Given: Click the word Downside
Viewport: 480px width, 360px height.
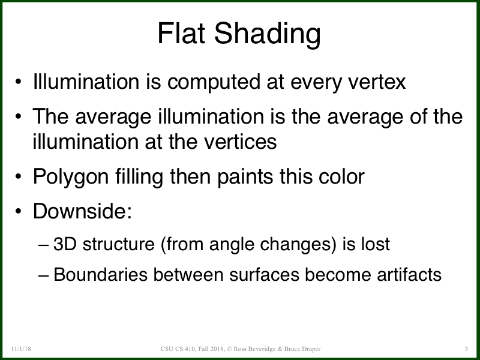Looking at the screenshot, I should pyautogui.click(x=82, y=212).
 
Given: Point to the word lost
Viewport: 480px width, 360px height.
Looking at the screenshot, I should pyautogui.click(x=377, y=245).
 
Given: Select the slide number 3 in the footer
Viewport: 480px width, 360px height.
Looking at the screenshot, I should pyautogui.click(x=466, y=349).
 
